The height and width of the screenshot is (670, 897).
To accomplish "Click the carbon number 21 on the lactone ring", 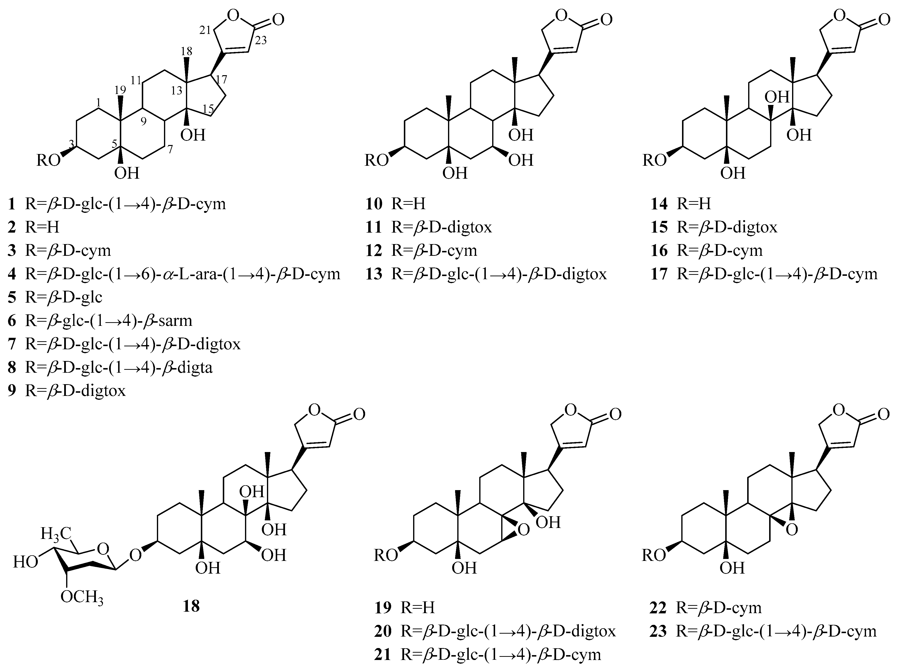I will tap(206, 29).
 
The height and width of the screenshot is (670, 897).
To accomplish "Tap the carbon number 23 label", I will tap(261, 41).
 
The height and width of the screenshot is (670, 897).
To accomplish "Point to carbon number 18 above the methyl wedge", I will tap(186, 51).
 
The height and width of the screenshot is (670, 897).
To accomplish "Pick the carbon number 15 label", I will tap(208, 109).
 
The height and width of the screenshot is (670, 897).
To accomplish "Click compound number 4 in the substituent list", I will tap(12, 274).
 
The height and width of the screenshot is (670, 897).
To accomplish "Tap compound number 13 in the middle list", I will tap(374, 274).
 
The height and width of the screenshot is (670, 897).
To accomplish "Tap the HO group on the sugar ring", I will tap(26, 562).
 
